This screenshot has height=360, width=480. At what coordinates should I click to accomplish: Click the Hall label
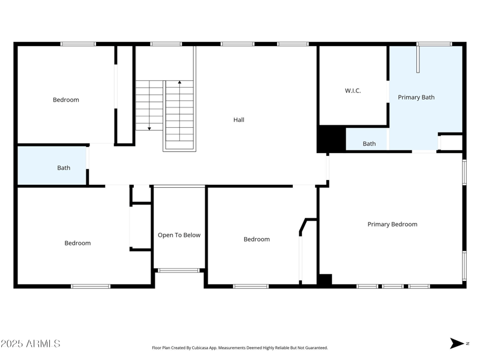239,120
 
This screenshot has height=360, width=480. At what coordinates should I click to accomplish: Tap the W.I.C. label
353,91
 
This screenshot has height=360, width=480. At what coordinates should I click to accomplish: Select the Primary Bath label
416,97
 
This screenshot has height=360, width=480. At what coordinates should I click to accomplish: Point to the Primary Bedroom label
392,224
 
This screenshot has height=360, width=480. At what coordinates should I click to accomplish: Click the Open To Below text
179,235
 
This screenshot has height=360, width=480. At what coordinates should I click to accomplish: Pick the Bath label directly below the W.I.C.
369,144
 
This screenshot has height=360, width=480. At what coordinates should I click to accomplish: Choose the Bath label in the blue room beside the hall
64,168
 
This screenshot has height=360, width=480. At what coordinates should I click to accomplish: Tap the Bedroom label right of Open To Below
256,239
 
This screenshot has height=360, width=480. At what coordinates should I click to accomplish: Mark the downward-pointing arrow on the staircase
149,127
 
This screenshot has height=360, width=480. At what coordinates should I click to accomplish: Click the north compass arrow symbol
457,343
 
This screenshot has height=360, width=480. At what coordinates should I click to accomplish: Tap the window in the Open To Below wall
179,271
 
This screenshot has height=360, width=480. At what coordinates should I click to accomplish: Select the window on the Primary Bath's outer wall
434,44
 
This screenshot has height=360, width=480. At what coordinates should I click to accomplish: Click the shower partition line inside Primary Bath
418,59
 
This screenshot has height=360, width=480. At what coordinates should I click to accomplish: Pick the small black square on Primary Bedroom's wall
325,280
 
